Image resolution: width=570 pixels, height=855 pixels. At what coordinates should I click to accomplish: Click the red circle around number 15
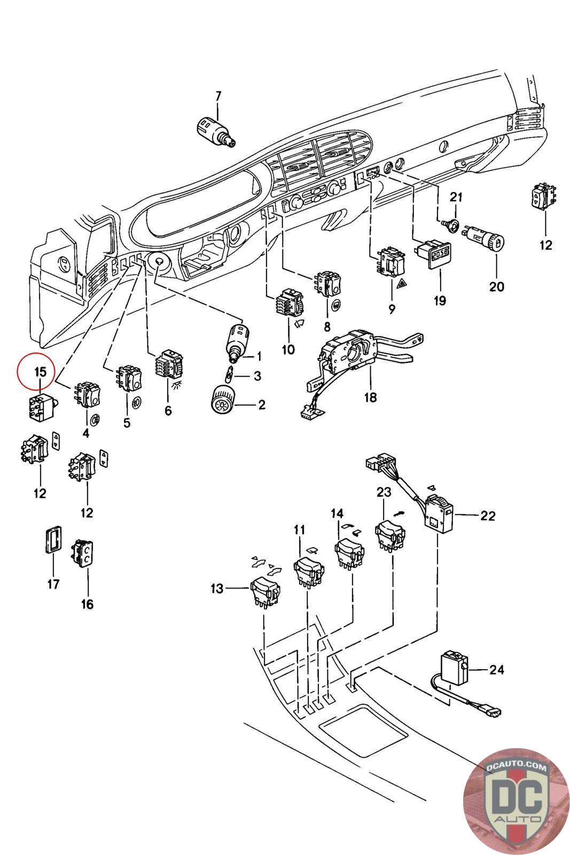pos(36,372)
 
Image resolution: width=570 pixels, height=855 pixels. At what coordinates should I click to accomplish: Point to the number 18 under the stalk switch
pos(370,398)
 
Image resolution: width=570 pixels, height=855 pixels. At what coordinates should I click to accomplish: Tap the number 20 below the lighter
pos(497,286)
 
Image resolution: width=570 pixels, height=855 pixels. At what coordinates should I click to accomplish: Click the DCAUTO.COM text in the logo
pos(516,767)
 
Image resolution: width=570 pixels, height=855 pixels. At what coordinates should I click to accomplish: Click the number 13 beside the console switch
pos(217,588)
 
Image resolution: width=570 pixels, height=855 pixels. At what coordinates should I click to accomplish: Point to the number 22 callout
pos(488,516)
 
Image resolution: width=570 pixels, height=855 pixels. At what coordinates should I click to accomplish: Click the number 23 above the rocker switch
pos(384,492)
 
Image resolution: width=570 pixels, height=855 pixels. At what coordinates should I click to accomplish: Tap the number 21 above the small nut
pos(456,197)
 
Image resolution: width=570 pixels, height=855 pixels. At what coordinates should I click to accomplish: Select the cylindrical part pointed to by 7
pos(216,132)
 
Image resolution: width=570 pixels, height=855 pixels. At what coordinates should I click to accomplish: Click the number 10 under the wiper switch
pos(288,349)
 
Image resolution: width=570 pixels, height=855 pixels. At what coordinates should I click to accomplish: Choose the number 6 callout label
pos(168,410)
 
